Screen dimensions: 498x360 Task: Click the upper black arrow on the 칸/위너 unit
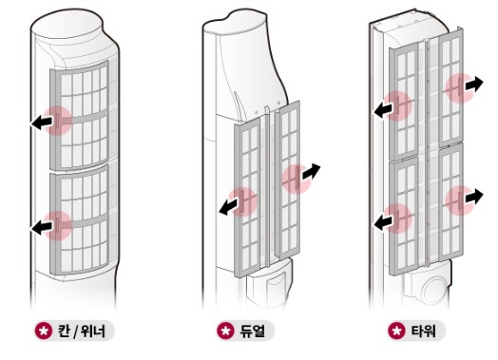point(42,123)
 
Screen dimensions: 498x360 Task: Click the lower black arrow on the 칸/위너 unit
point(42,227)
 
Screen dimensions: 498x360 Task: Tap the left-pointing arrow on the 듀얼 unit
point(229,207)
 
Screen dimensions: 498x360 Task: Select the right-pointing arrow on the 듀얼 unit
point(311,171)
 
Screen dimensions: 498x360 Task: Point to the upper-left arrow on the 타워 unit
point(383,110)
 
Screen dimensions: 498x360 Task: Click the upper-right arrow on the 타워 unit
point(474,84)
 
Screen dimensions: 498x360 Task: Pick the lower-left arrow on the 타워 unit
point(383,222)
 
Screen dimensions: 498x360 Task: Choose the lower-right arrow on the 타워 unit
point(474,197)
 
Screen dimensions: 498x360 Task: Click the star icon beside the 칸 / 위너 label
point(43,331)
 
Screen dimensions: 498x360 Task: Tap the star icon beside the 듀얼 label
point(225,331)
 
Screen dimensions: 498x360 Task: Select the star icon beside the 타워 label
point(396,331)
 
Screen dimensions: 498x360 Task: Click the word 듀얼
point(252,332)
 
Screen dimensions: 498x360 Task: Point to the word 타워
point(424,332)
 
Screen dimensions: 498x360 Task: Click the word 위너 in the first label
point(92,332)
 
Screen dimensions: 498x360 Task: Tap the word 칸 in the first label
point(64,332)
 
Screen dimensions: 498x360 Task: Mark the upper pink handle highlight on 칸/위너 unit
point(57,121)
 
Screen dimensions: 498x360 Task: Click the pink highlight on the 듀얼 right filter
point(297,180)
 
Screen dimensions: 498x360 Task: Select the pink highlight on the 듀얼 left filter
point(243,202)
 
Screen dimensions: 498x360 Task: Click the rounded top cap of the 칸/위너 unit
point(67,25)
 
